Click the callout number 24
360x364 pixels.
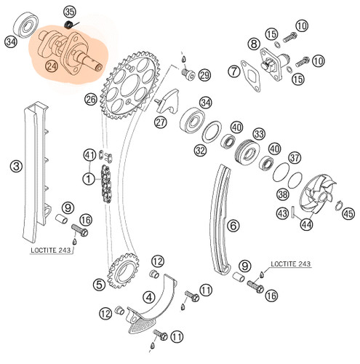(x=52, y=66)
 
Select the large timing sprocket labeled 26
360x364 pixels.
(x=130, y=85)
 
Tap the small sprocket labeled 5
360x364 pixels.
(x=124, y=270)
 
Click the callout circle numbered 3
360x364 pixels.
(x=17, y=167)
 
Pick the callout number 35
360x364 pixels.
(x=70, y=12)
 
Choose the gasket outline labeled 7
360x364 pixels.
(x=251, y=76)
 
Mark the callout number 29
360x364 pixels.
(x=205, y=75)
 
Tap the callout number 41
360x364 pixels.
(x=90, y=155)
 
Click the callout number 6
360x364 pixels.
(x=233, y=226)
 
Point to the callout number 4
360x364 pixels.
(x=149, y=297)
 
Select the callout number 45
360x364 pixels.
(x=348, y=213)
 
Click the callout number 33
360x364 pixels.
(x=259, y=134)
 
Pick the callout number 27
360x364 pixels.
(x=161, y=122)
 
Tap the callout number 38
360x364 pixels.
(x=283, y=194)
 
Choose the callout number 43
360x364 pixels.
(x=282, y=213)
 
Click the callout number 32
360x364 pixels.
(x=201, y=151)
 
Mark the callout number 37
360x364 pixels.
(x=295, y=158)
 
